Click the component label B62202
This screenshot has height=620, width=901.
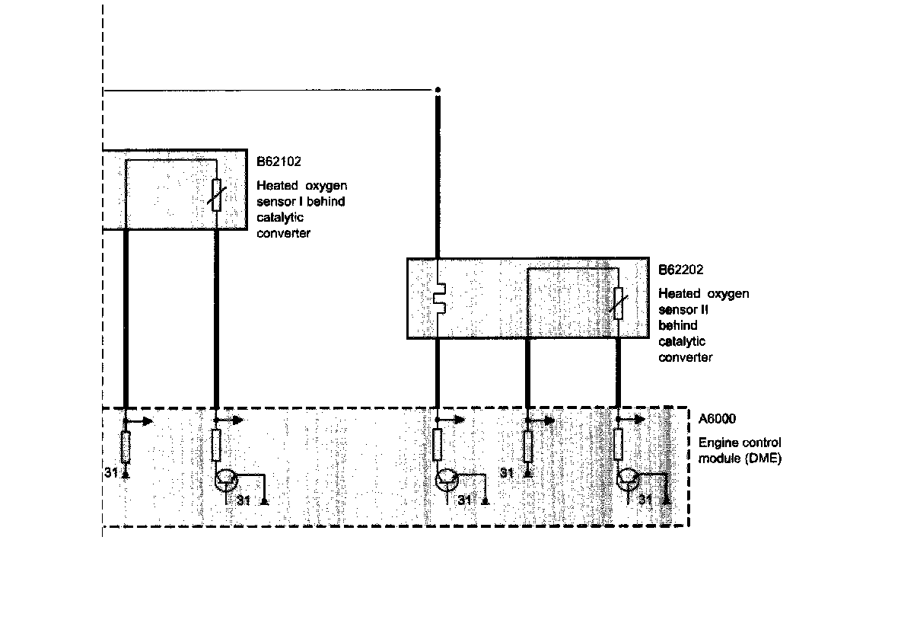680,270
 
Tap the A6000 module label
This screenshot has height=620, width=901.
717,418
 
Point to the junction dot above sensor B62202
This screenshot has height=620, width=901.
437,91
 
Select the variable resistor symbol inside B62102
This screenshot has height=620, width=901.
217,195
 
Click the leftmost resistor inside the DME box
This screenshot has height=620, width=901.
126,446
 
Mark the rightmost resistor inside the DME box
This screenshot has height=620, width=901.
619,444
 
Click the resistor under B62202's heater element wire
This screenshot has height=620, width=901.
438,444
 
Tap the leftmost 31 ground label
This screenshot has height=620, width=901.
110,474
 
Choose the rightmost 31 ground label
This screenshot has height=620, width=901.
645,500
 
